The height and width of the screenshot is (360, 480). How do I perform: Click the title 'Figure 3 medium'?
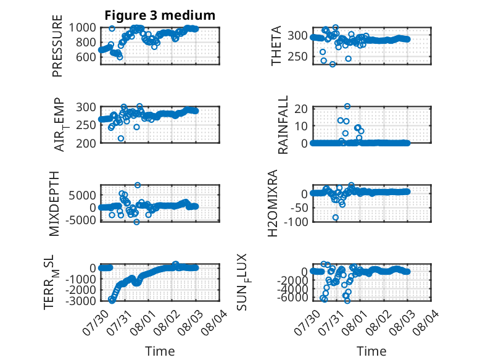click(160, 15)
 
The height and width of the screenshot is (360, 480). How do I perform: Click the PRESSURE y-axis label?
click(57, 46)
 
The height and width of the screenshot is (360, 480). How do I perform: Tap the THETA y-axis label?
click(276, 46)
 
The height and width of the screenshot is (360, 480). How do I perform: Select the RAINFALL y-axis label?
click(283, 125)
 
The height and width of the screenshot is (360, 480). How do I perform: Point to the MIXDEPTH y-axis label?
click(54, 204)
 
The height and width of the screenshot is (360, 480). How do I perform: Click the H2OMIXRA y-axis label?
click(273, 203)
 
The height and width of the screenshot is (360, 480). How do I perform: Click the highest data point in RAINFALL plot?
click(347, 106)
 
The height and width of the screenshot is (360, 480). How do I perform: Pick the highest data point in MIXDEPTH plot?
click(138, 185)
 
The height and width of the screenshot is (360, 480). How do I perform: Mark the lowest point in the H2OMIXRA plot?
click(336, 217)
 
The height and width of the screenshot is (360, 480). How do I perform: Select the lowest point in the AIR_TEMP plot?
click(121, 138)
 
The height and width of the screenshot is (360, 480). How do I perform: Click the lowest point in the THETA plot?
click(333, 64)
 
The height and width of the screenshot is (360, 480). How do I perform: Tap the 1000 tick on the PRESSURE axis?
click(82, 28)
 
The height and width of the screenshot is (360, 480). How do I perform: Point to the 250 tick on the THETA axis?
click(297, 57)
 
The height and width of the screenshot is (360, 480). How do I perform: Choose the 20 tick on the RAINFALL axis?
click(301, 109)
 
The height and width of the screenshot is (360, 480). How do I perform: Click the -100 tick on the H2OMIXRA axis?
click(296, 222)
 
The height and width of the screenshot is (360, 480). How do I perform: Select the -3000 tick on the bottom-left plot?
click(81, 301)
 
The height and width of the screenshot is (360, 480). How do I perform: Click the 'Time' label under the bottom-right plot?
click(371, 351)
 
